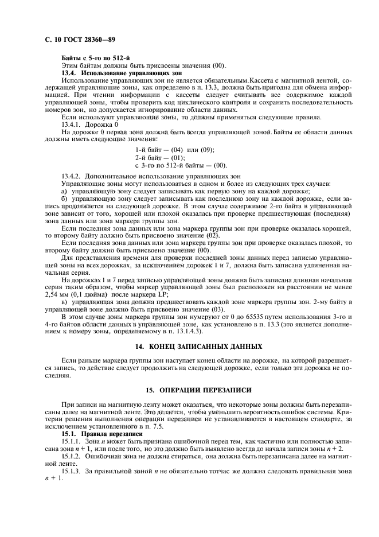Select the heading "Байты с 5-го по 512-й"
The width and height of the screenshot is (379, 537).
(95, 60)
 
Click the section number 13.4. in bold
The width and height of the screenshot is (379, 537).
(69, 73)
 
